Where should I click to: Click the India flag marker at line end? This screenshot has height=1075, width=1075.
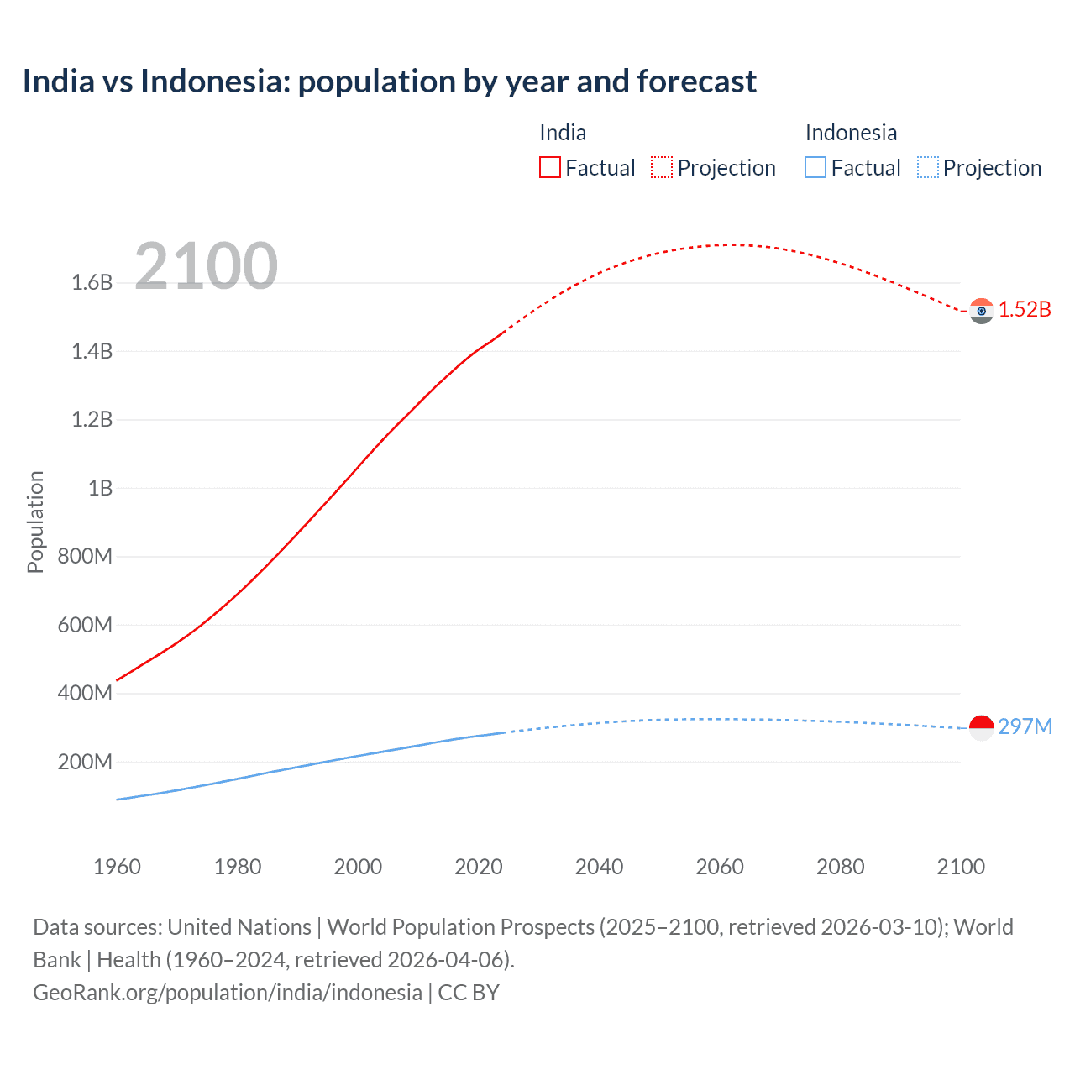point(981,311)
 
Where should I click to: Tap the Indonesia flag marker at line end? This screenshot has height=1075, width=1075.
point(981,727)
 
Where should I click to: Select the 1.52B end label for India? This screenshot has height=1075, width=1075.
point(1025,309)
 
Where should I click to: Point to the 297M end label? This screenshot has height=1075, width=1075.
point(1025,726)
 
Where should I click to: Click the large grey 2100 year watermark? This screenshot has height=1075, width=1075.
point(206,265)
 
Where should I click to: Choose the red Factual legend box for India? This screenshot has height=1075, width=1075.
point(549,167)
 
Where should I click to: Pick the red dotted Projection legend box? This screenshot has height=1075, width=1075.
point(662,167)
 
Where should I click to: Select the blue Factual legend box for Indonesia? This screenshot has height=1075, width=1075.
point(815,167)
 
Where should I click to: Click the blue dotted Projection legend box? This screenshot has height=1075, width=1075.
point(927,167)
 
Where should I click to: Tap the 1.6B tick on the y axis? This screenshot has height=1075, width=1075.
point(92,282)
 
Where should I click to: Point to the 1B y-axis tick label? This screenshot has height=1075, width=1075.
point(100,488)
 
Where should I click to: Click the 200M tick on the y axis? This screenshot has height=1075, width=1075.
point(85,762)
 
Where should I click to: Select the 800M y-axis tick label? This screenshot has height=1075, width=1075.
point(85,556)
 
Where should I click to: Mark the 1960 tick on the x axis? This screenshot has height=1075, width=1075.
point(117,867)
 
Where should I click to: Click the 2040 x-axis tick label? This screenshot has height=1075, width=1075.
point(599,867)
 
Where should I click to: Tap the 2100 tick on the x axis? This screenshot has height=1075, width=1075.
point(961,867)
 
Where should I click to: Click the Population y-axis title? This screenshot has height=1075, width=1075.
point(35,522)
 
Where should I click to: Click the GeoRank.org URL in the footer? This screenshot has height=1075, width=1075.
point(227,993)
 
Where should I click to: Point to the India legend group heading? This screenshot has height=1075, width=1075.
point(563,133)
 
